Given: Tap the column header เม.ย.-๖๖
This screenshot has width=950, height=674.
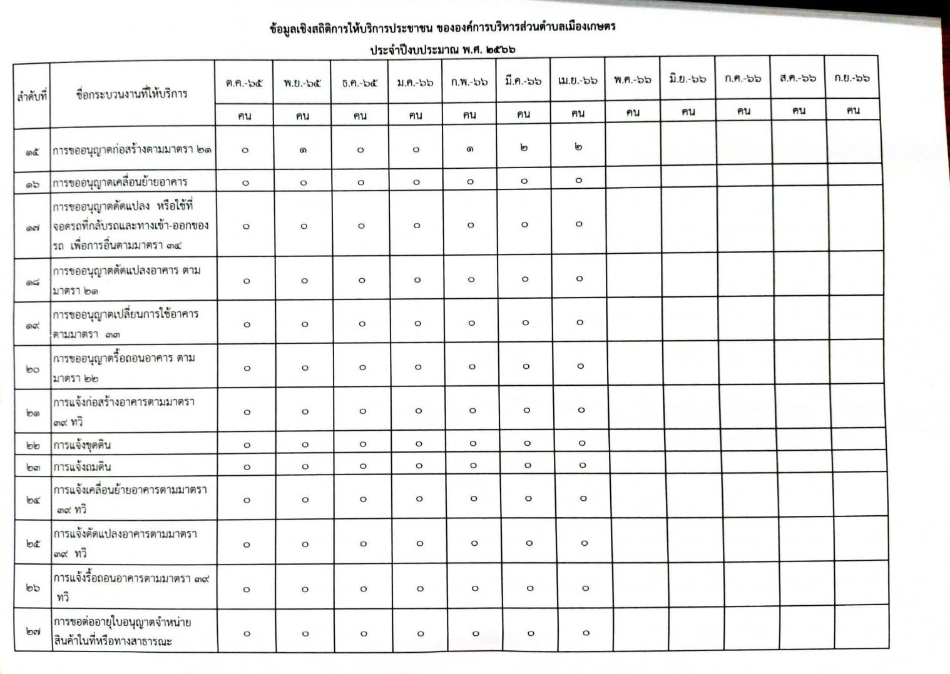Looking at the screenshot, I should pyautogui.click(x=577, y=80).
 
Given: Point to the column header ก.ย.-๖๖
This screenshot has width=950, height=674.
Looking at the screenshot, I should pyautogui.click(x=852, y=78).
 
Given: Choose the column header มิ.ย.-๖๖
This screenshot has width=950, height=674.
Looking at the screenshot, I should pyautogui.click(x=687, y=79).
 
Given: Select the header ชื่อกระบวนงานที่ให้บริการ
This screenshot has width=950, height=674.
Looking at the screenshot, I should pyautogui.click(x=131, y=94).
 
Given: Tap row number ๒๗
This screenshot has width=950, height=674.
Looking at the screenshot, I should pyautogui.click(x=34, y=632).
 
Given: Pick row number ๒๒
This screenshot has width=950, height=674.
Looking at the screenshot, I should pyautogui.click(x=34, y=445).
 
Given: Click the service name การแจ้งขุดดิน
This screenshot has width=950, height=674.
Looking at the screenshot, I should pyautogui.click(x=82, y=445).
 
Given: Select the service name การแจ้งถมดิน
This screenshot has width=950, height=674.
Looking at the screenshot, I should pyautogui.click(x=82, y=467).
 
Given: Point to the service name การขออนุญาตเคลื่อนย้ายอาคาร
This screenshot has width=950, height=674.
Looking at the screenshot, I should pyautogui.click(x=120, y=183).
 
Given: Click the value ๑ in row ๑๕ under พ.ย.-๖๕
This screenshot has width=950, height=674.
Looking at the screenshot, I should pyautogui.click(x=303, y=150).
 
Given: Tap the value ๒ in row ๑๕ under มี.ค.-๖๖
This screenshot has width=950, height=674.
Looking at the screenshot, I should pyautogui.click(x=523, y=148).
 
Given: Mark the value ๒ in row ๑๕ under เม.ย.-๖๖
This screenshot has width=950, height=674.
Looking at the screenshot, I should pyautogui.click(x=578, y=147).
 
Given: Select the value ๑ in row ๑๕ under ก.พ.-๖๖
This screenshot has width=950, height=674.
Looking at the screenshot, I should pyautogui.click(x=469, y=149).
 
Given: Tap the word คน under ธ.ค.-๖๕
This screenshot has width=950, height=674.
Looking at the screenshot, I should pyautogui.click(x=359, y=116).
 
